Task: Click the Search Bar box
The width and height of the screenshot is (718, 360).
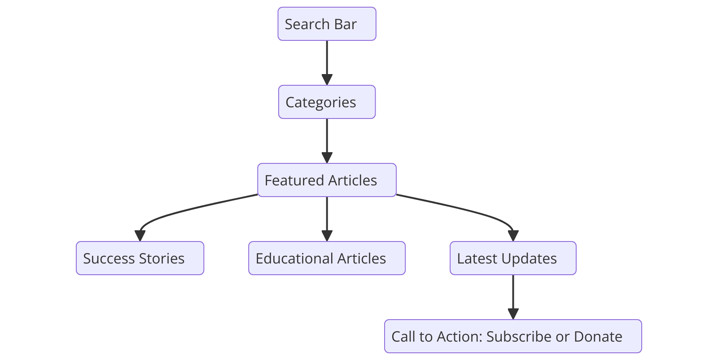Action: click(327, 24)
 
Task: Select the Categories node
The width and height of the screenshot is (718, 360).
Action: click(327, 102)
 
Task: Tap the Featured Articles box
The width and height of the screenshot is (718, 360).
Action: click(327, 180)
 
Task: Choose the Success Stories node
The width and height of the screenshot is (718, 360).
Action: click(140, 258)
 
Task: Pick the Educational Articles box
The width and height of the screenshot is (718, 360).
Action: click(327, 258)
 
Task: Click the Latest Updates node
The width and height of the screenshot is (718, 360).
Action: click(513, 258)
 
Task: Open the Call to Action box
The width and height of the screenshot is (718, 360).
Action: click(513, 336)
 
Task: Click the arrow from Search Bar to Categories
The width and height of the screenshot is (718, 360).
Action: click(327, 61)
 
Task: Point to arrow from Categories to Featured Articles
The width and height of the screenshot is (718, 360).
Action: click(327, 139)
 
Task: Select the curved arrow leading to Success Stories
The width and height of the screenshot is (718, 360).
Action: click(179, 211)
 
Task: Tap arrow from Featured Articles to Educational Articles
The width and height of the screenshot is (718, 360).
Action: click(327, 218)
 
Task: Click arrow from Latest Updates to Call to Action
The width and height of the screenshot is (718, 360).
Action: click(513, 295)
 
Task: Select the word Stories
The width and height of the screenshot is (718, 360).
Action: click(162, 259)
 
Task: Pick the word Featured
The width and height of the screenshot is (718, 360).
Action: click(291, 180)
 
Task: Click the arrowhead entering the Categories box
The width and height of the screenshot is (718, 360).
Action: click(327, 80)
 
